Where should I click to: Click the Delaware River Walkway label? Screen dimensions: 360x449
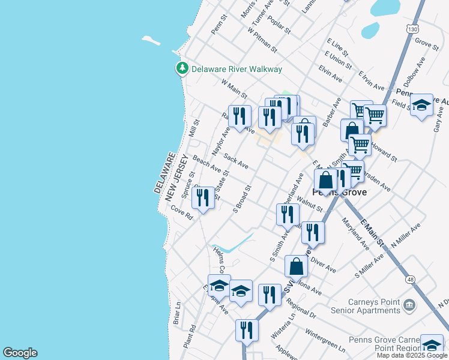pyautogui.click(x=237, y=69)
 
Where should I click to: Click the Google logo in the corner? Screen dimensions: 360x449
pyautogui.click(x=20, y=353)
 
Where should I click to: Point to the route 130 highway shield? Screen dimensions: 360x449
pyautogui.click(x=411, y=29)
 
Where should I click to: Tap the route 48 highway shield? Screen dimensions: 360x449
pyautogui.click(x=409, y=262)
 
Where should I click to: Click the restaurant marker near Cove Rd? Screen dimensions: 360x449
pyautogui.click(x=203, y=197)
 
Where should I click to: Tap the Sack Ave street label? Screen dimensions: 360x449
pyautogui.click(x=236, y=161)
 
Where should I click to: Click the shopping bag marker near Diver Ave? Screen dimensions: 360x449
pyautogui.click(x=297, y=266)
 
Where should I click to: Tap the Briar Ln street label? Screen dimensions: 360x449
pyautogui.click(x=177, y=317)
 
